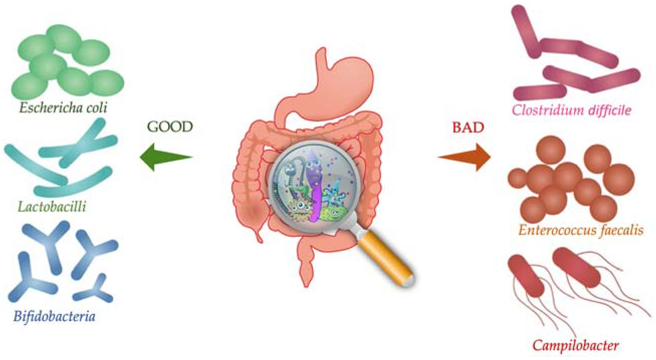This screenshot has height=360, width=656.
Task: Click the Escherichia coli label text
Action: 63,108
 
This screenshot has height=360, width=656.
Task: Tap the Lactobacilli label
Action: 52,206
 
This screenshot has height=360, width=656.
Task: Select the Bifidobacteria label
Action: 54,317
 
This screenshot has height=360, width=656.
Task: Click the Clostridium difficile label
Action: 571,111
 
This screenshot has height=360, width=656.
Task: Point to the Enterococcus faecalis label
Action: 581,230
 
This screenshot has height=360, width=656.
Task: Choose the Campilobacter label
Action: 576,346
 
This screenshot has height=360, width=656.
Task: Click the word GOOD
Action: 170,127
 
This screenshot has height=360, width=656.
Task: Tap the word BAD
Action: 468,127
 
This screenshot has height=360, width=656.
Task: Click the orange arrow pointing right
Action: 466,157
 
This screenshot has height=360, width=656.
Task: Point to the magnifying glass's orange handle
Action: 385,257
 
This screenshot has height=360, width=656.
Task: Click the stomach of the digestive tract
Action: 344,84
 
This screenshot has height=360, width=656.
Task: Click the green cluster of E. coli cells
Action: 66,64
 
